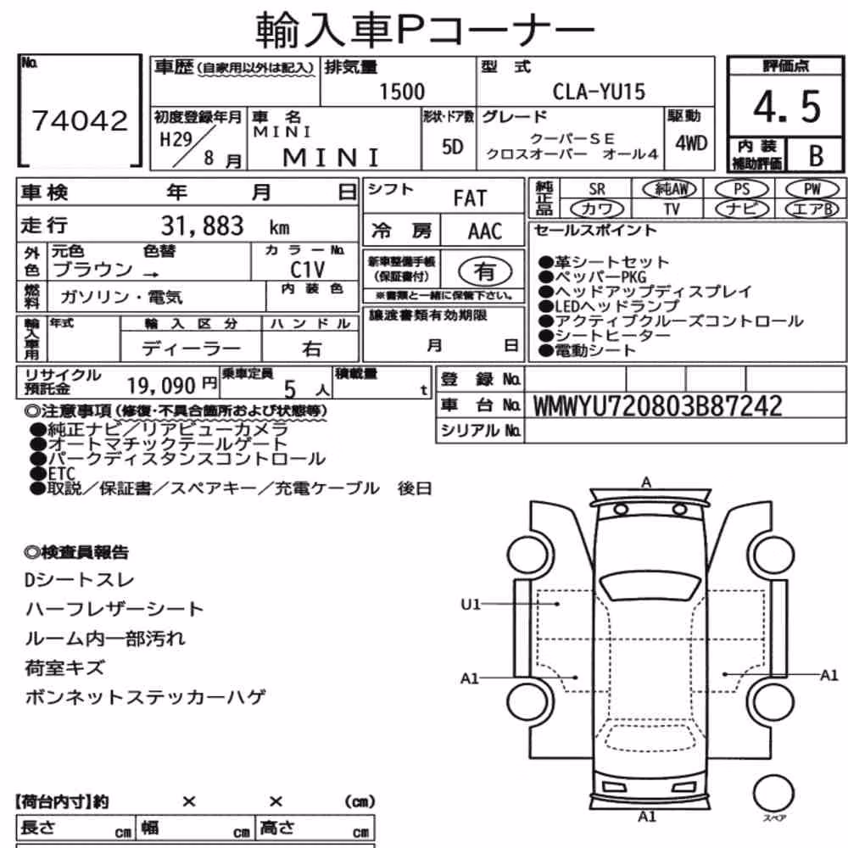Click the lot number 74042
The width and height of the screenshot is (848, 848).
(80, 120)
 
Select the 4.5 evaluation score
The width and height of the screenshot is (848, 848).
(788, 107)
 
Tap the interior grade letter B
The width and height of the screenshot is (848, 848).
(816, 156)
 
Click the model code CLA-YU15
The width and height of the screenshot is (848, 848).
(599, 92)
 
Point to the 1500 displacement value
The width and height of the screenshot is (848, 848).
(402, 92)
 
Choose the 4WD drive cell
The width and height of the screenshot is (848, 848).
(690, 143)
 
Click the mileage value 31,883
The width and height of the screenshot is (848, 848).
(203, 226)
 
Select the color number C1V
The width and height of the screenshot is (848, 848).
(307, 270)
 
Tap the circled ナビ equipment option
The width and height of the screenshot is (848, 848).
(742, 209)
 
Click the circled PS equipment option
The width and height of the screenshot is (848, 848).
(741, 189)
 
